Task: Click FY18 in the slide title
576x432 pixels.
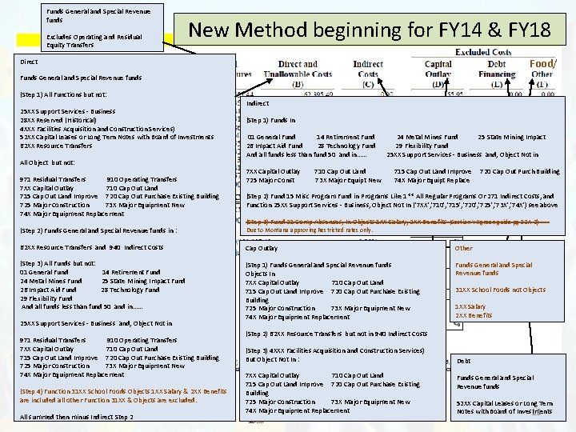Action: [523, 31]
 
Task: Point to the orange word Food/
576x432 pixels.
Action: [542, 63]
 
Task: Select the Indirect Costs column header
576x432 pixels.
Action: [367, 70]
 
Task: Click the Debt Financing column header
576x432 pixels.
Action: [496, 70]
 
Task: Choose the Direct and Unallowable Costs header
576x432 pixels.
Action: [298, 70]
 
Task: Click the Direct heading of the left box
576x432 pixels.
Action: [29, 62]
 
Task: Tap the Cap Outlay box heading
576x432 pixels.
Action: [262, 248]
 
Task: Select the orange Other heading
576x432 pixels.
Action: [464, 248]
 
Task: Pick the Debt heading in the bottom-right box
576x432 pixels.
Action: [463, 361]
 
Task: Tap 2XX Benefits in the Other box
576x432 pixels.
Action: [474, 315]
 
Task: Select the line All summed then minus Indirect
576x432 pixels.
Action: [76, 417]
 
